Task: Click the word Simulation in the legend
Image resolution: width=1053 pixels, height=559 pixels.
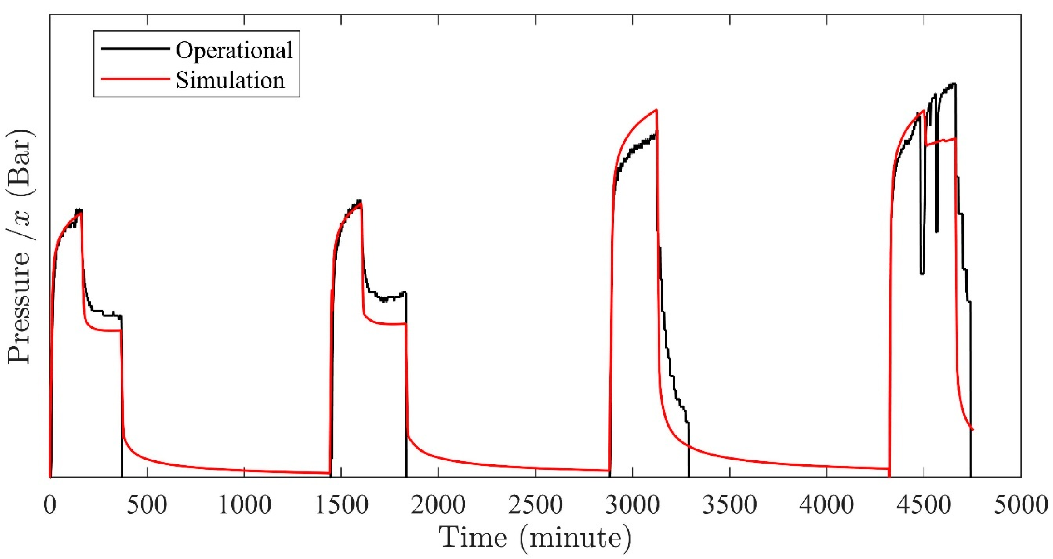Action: tap(230, 80)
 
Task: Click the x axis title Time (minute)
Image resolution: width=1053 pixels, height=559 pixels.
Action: tap(535, 538)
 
